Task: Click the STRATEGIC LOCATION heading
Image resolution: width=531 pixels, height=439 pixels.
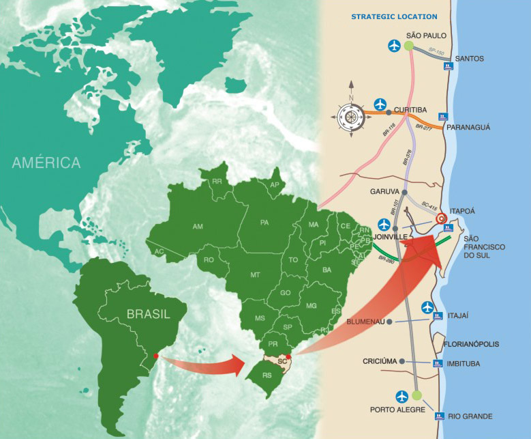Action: click(x=394, y=16)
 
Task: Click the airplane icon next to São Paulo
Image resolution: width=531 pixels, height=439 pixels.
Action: click(x=393, y=46)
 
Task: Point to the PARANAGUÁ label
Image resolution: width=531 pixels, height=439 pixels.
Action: click(x=468, y=127)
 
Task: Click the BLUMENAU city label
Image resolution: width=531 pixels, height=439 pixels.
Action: click(x=365, y=321)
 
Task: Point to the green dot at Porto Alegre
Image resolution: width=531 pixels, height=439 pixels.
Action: click(x=416, y=395)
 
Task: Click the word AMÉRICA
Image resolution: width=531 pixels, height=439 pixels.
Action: click(x=46, y=162)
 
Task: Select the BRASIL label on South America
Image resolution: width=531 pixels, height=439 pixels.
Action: click(x=147, y=315)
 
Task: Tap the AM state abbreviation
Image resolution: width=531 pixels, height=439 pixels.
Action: click(x=198, y=226)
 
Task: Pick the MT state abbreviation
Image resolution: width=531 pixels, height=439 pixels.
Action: click(x=255, y=274)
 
